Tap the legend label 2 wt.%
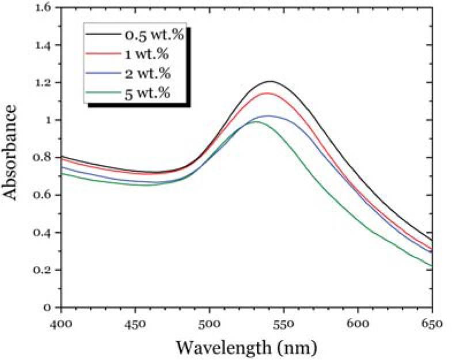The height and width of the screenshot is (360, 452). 147,73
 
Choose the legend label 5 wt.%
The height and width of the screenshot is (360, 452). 147,92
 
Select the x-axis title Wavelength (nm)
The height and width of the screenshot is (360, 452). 246,347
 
